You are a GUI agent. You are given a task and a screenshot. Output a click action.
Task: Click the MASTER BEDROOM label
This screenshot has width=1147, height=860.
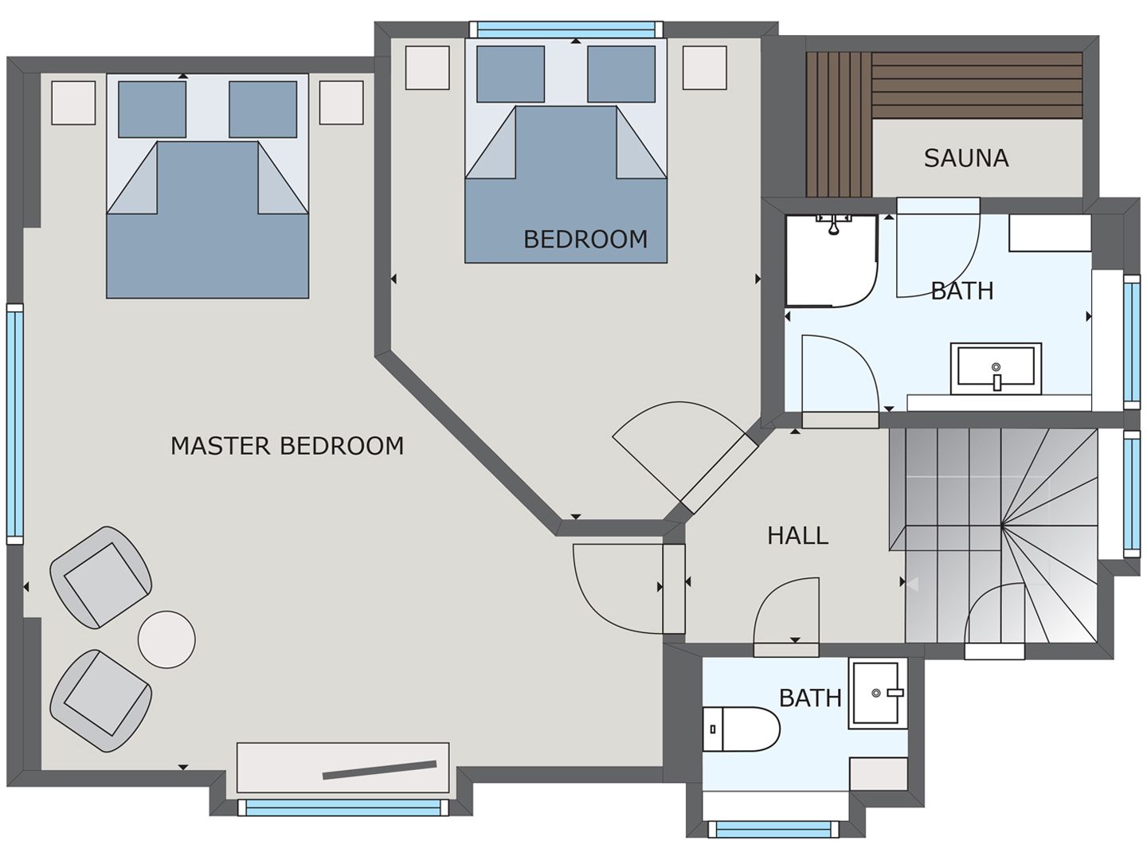click(287, 446)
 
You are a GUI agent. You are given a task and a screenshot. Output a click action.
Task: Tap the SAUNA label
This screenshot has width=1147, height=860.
click(965, 158)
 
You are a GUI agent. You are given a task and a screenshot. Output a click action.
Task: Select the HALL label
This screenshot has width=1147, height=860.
click(797, 535)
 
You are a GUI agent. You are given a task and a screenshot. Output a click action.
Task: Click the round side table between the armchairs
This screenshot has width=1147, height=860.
click(166, 639)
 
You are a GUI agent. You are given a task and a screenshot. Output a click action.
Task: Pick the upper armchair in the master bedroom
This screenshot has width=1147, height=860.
click(101, 577)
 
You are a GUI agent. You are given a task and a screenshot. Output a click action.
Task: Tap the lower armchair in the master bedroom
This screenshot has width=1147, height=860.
click(101, 701)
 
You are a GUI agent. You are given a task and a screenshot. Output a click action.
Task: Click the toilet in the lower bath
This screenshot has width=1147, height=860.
click(741, 729)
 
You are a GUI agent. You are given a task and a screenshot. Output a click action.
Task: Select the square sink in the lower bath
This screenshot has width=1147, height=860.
click(878, 693)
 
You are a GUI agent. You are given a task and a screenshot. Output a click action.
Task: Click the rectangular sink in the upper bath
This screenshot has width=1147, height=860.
click(996, 369)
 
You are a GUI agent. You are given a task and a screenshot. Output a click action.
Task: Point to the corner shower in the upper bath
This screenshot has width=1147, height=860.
click(831, 260)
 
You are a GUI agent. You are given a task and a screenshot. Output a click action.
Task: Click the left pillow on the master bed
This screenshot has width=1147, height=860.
click(152, 109)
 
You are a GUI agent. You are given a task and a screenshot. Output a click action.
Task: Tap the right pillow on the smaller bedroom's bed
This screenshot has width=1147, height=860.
click(621, 74)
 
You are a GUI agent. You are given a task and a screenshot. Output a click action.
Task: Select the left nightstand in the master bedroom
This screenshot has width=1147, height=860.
click(73, 103)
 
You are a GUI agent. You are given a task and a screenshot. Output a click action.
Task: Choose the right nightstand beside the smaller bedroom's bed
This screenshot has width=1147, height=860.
click(704, 67)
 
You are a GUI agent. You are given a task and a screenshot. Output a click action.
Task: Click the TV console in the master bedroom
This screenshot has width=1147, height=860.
click(343, 768)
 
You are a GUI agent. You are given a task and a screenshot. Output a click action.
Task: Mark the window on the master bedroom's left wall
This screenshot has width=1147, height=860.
click(15, 424)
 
